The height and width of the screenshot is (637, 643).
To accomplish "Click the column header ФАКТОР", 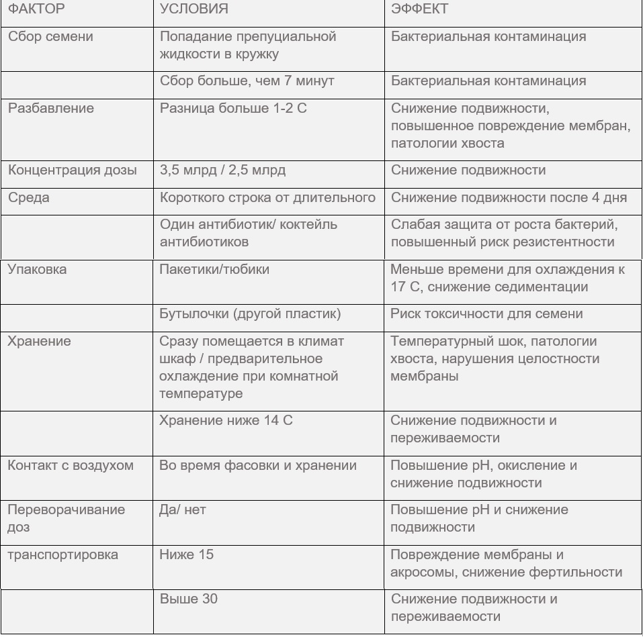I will click(36, 9).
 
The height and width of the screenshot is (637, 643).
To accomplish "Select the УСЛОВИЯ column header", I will click(194, 9).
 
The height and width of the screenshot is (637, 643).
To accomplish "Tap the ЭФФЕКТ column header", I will click(420, 9).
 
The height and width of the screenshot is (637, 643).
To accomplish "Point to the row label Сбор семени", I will click(50, 37).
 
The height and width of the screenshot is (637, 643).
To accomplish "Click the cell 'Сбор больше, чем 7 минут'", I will click(247, 81).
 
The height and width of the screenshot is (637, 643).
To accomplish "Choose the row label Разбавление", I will click(51, 109).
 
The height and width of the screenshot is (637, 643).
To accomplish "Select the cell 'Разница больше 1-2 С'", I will click(233, 109).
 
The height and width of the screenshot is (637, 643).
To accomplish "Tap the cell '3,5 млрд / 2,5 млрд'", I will click(222, 170).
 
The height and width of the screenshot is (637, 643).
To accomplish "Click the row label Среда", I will click(28, 198).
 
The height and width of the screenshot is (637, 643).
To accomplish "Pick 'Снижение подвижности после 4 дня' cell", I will click(509, 198).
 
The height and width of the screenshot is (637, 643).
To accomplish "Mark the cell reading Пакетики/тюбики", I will click(214, 270).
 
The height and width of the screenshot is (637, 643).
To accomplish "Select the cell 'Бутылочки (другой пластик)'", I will click(250, 314).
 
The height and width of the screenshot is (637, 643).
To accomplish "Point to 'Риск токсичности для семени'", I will click(486, 314).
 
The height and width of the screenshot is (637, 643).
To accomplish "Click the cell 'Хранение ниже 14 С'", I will click(226, 421).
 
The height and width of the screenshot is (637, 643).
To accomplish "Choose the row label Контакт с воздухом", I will click(71, 466).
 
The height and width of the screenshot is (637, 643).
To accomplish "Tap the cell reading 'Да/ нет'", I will click(183, 510).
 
